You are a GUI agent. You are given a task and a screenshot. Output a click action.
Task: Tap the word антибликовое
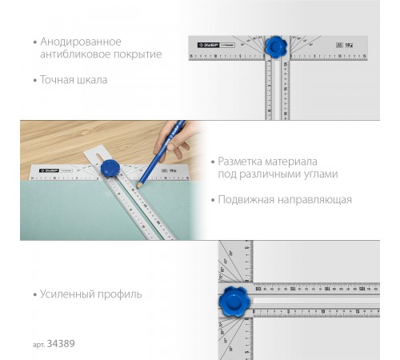click(78, 54)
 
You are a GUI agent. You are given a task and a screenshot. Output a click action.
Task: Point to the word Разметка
click(242, 160)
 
